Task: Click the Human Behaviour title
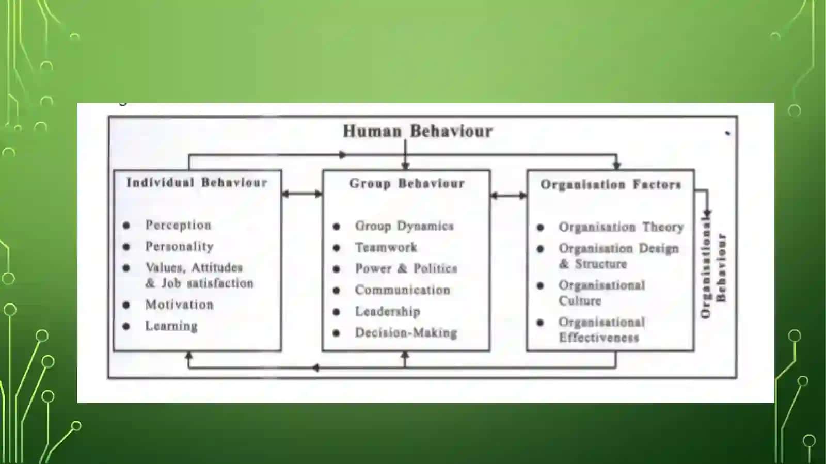click(418, 131)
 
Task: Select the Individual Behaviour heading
click(197, 182)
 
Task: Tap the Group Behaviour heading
click(407, 183)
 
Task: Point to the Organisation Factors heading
click(611, 184)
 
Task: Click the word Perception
click(179, 225)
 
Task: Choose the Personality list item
click(180, 246)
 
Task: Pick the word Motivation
click(180, 305)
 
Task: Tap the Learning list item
click(171, 326)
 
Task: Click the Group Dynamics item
click(404, 226)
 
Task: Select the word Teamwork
click(386, 247)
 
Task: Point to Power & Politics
click(406, 268)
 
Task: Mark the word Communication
click(403, 290)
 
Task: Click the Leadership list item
click(388, 311)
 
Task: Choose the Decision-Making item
click(406, 333)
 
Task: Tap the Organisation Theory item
click(622, 227)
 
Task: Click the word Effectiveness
click(599, 338)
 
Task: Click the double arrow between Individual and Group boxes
click(302, 194)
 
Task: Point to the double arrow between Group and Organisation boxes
click(509, 195)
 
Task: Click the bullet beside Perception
click(126, 225)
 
